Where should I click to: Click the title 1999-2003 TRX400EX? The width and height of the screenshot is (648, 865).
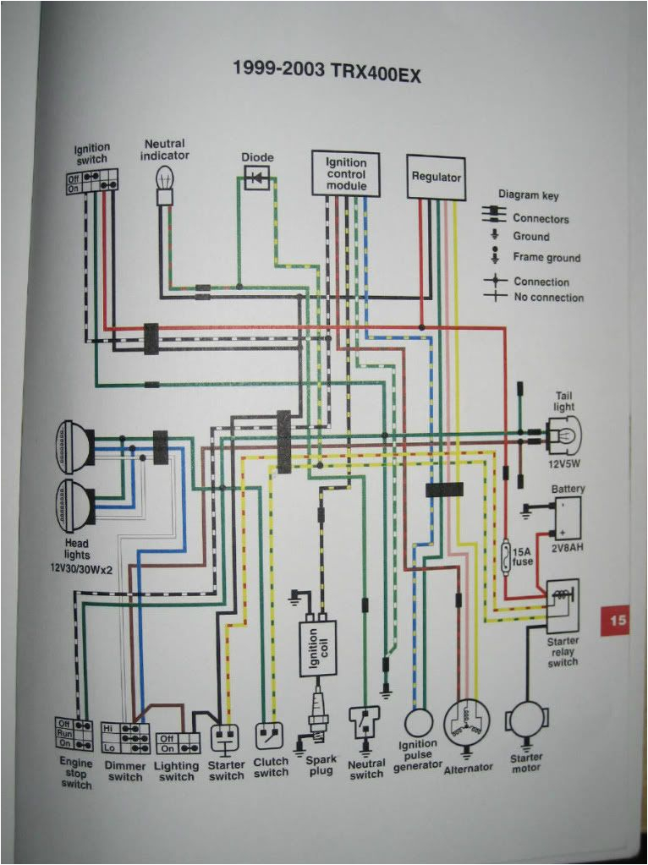point(327,70)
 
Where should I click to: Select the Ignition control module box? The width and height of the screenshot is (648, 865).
point(346,173)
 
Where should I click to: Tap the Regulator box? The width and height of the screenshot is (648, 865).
point(436,178)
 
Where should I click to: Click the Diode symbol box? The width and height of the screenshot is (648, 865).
point(258,177)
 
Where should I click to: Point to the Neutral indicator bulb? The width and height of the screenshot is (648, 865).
point(163,183)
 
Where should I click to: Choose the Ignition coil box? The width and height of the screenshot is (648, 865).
point(317,648)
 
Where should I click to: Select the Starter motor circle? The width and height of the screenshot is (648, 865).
point(527,723)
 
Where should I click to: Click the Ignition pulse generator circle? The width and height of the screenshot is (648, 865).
point(419,723)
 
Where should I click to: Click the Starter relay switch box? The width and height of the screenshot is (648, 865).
point(562,605)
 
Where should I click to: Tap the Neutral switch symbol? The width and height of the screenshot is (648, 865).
point(365,724)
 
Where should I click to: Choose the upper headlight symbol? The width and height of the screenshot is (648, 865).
point(74,443)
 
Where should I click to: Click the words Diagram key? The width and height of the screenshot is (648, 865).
point(529,195)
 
